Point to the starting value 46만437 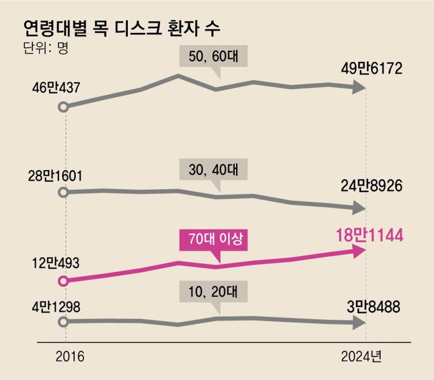(x=56, y=88)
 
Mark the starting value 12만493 (x=56, y=263)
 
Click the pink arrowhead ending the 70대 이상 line (x=359, y=250)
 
